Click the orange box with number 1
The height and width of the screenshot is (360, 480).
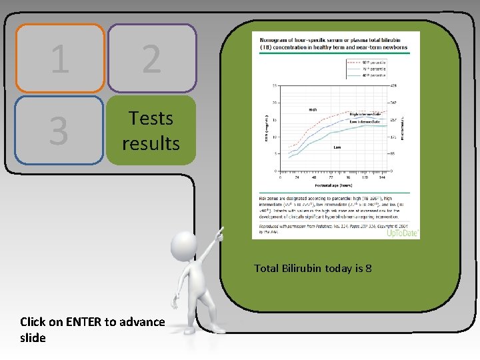tap(59, 59)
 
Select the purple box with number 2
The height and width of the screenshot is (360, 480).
tap(151, 59)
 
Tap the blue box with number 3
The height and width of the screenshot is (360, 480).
tap(59, 130)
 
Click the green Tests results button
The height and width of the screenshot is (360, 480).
tap(151, 130)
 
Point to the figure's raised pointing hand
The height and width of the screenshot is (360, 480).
tap(220, 234)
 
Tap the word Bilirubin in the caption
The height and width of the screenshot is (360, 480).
tap(301, 269)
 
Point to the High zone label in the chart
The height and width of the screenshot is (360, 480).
tap(312, 109)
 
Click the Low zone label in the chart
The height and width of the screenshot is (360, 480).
tap(337, 147)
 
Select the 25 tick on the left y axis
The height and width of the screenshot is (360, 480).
tap(275, 85)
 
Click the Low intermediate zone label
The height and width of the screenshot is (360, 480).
tap(365, 122)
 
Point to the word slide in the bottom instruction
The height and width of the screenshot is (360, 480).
tap(33, 338)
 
